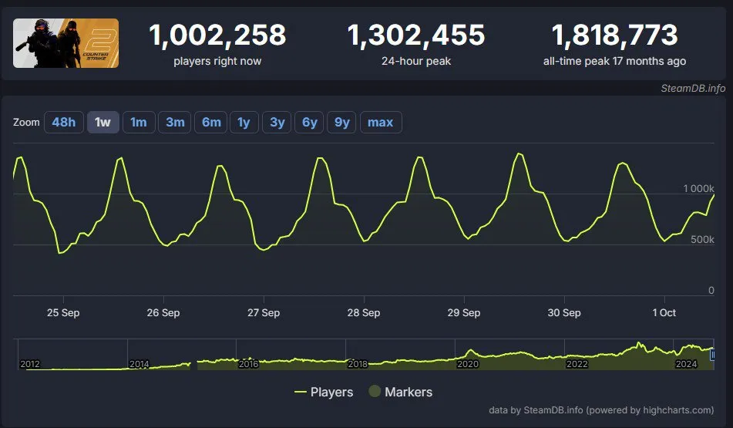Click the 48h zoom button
click(x=63, y=122)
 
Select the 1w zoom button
click(x=103, y=122)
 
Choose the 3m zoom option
click(x=175, y=122)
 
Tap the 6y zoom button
click(x=310, y=122)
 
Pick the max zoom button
click(x=381, y=122)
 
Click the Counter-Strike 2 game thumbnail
click(x=66, y=43)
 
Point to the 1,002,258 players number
click(x=217, y=35)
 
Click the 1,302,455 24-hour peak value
click(x=416, y=35)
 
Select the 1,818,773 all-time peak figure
click(x=615, y=35)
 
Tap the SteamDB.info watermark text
click(x=693, y=89)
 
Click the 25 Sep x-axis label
click(x=63, y=313)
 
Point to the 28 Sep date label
click(x=364, y=313)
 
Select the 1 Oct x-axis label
click(x=664, y=313)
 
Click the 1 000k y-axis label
click(x=698, y=188)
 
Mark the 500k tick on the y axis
click(x=702, y=240)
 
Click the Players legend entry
click(x=324, y=392)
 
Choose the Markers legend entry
click(x=401, y=392)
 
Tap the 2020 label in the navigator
click(x=468, y=364)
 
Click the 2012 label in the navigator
click(x=30, y=364)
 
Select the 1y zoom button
click(x=244, y=122)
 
